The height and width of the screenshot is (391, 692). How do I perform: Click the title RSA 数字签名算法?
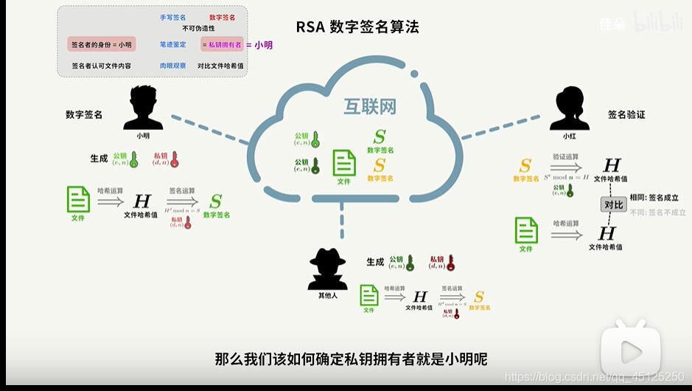(357, 27)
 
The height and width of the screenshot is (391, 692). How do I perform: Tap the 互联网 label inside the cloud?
(370, 106)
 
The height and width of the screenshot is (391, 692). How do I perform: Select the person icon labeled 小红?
(570, 108)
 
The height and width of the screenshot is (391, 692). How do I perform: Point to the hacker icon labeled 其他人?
(327, 269)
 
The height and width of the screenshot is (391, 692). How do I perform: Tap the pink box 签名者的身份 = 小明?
(101, 45)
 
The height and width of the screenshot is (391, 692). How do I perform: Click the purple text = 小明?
(259, 45)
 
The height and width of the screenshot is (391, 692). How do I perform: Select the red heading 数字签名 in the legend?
(223, 17)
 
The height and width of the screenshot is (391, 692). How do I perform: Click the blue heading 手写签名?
(172, 17)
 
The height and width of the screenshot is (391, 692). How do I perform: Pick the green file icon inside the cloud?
(344, 162)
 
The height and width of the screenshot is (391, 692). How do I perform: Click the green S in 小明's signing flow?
(216, 201)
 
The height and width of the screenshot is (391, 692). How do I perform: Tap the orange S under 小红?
(525, 165)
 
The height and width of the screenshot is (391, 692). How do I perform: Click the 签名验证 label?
(626, 115)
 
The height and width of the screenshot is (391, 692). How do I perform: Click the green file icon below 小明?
(78, 199)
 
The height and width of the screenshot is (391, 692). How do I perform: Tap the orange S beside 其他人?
(479, 297)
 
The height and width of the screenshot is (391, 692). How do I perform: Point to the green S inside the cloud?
(380, 136)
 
